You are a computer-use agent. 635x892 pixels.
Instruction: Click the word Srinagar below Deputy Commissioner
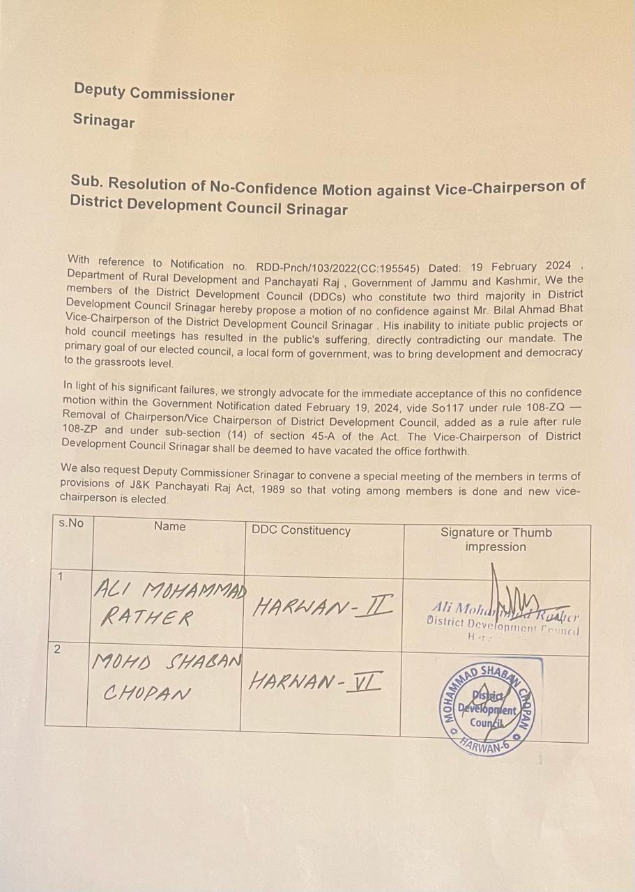click(104, 121)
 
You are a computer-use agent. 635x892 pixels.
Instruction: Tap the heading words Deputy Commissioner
click(154, 92)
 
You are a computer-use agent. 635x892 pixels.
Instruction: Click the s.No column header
click(70, 523)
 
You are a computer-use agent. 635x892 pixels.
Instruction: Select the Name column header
click(169, 526)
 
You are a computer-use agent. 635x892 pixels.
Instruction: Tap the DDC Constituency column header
click(300, 530)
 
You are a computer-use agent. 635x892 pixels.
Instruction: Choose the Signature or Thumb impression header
click(496, 539)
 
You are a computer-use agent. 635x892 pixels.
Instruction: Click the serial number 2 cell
click(57, 649)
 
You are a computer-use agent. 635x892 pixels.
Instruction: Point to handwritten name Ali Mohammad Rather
click(167, 604)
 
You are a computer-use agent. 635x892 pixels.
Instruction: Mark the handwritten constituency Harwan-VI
click(315, 681)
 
